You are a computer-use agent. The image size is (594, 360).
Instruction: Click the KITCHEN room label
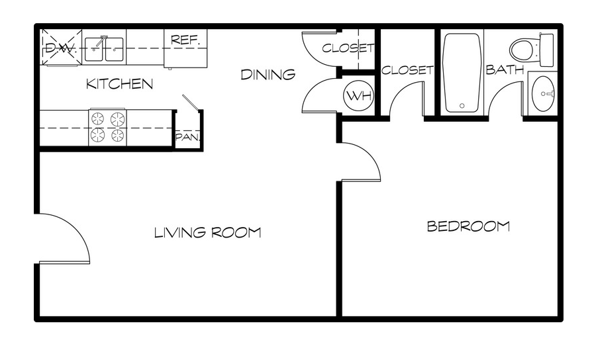[119, 83]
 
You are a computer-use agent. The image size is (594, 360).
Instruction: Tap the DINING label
[268, 75]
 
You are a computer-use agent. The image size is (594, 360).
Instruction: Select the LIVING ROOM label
[207, 232]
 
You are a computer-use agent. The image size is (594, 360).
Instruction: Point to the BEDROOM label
[468, 226]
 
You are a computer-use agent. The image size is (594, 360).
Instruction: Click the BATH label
[505, 69]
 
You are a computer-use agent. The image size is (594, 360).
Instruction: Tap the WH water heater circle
[358, 95]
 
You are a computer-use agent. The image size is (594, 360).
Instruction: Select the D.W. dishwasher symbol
[61, 48]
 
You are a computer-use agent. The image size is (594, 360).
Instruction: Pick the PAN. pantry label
[187, 137]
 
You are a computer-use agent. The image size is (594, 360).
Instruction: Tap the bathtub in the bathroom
[462, 73]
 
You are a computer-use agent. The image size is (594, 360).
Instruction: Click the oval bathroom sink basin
[543, 93]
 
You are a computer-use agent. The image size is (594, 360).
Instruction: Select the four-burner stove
[107, 127]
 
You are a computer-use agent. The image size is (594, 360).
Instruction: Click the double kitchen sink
[103, 49]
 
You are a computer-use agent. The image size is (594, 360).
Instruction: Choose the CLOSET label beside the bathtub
[407, 70]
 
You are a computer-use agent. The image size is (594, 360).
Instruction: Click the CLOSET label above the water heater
[348, 48]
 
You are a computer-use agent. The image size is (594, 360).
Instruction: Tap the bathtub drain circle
[462, 106]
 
